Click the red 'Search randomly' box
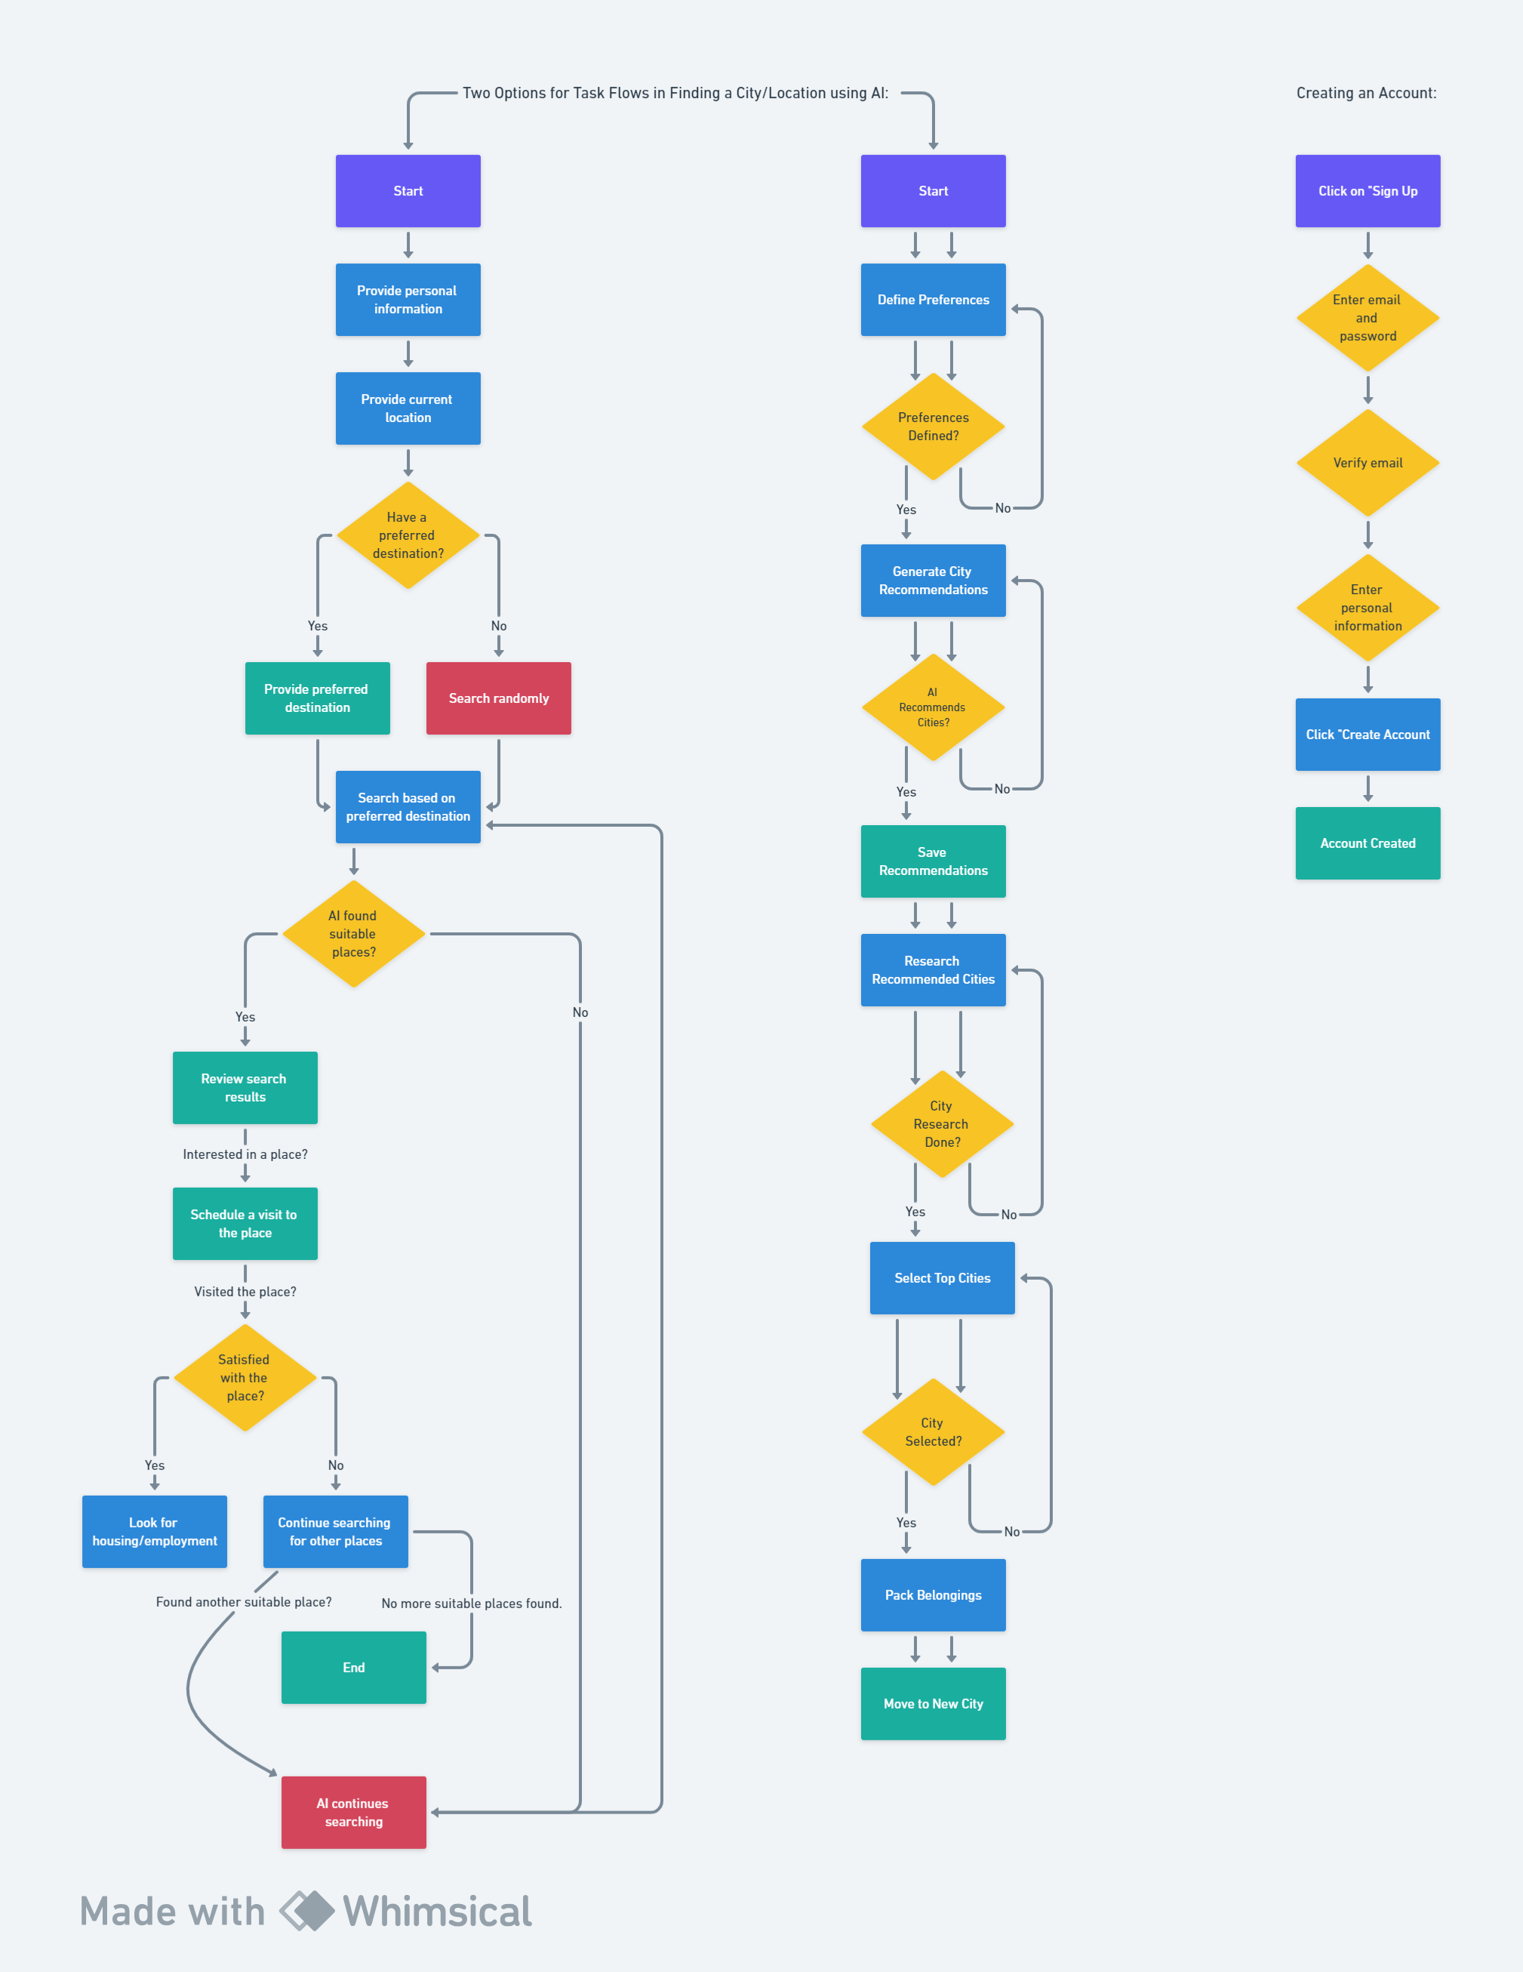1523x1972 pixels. [x=498, y=698]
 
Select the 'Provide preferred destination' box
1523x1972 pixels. [x=317, y=698]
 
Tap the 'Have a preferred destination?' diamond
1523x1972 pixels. [x=408, y=535]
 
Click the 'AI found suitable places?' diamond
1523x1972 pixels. [x=354, y=934]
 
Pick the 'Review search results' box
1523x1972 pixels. [x=245, y=1087]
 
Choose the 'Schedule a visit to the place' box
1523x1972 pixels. [x=245, y=1224]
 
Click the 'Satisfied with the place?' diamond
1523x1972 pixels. [x=245, y=1378]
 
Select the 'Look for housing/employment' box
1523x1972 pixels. [x=155, y=1531]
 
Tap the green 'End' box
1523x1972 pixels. [x=354, y=1668]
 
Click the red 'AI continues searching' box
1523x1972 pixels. [x=354, y=1812]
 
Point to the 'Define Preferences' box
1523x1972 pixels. [x=934, y=300]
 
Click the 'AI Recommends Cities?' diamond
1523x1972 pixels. [x=934, y=707]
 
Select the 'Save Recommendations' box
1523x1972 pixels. [x=934, y=861]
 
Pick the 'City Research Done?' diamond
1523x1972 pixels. [x=943, y=1124]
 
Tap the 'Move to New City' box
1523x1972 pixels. [x=934, y=1704]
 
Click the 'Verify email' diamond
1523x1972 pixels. [x=1368, y=462]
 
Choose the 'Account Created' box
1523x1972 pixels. [x=1368, y=843]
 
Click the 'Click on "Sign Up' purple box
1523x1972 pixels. [x=1368, y=190]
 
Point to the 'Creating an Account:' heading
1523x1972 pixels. [x=1366, y=93]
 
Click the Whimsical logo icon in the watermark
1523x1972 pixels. [x=307, y=1911]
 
